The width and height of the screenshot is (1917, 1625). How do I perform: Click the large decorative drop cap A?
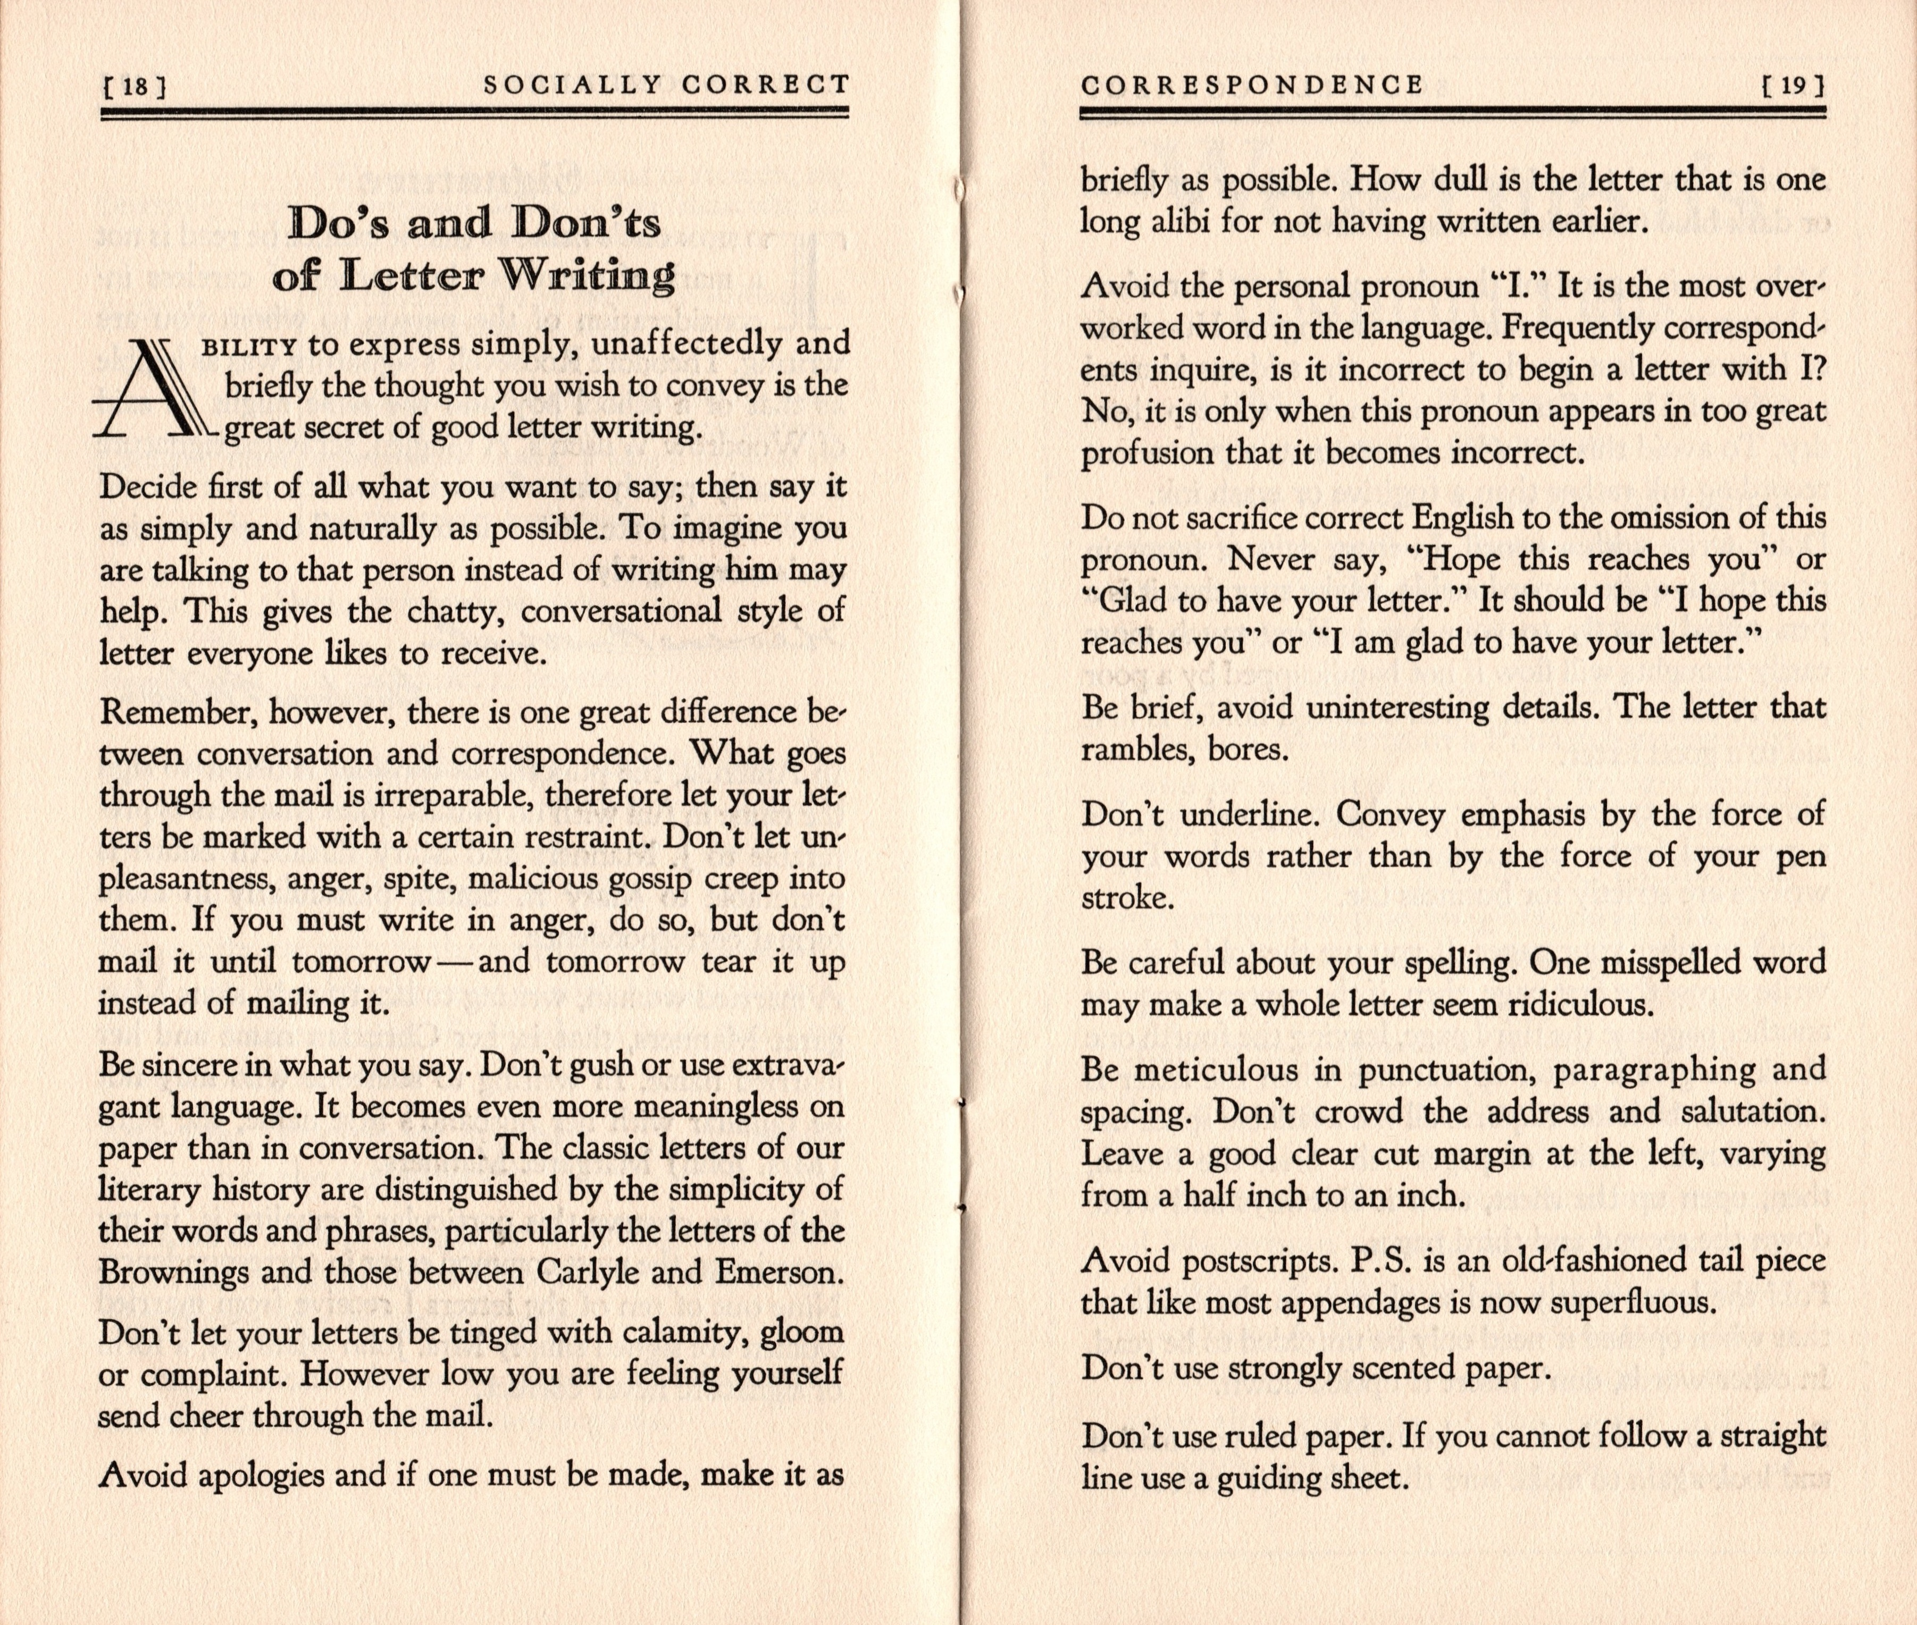[157, 388]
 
